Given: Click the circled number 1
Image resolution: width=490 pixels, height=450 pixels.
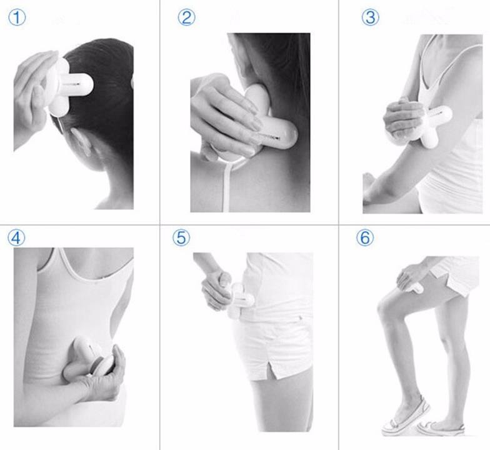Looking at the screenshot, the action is pyautogui.click(x=16, y=17).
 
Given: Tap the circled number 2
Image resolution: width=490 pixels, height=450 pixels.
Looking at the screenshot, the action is pyautogui.click(x=186, y=17).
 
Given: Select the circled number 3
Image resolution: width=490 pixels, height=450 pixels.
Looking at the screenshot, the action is pyautogui.click(x=370, y=17).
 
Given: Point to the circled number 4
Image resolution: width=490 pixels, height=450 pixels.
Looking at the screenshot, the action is pyautogui.click(x=16, y=237).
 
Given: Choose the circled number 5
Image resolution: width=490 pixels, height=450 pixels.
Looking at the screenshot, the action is pyautogui.click(x=181, y=237).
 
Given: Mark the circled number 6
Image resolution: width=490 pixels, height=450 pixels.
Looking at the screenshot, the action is pyautogui.click(x=365, y=237).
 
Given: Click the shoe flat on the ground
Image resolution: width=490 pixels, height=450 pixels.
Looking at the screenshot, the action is pyautogui.click(x=441, y=428).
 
